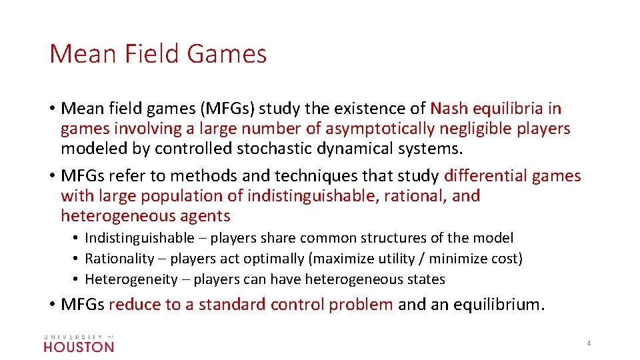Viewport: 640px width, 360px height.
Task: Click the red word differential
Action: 485,176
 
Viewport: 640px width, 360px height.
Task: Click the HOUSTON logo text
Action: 79,346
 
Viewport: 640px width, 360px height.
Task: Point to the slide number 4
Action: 589,343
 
